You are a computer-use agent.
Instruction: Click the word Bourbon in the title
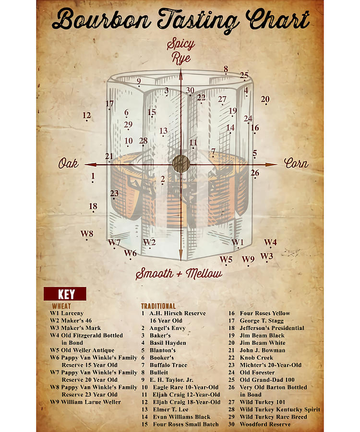pos(98,21)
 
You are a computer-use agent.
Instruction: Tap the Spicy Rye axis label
pos(180,51)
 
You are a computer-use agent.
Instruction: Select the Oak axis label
pos(68,164)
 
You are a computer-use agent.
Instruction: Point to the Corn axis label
pos(296,163)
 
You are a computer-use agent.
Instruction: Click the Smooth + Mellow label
pos(179,274)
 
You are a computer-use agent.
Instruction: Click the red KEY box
pos(65,294)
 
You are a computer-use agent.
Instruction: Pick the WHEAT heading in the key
pos(61,306)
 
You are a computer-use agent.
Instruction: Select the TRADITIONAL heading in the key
pos(158,306)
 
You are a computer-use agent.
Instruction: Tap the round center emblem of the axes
pos(180,164)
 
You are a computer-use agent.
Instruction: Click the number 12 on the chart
pos(86,115)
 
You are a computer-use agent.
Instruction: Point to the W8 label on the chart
pos(86,234)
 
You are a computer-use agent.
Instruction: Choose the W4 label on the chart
pos(270,242)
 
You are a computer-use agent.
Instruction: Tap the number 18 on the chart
pos(93,206)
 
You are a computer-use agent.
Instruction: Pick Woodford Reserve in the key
pos(265,424)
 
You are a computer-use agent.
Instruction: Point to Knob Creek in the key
pos(256,358)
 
